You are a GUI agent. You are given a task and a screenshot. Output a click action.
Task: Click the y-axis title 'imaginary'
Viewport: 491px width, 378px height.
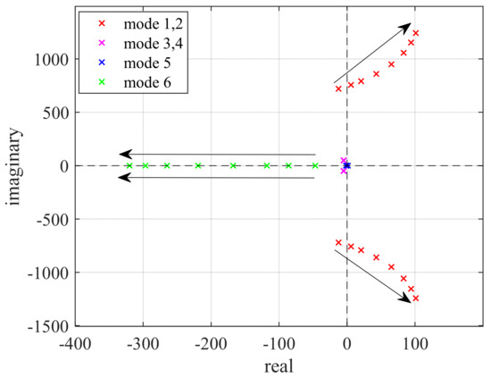pyautogui.click(x=15, y=165)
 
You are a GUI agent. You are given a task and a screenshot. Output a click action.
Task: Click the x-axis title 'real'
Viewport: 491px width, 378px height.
pyautogui.click(x=278, y=365)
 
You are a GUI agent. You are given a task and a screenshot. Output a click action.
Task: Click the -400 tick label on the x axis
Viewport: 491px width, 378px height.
pyautogui.click(x=74, y=342)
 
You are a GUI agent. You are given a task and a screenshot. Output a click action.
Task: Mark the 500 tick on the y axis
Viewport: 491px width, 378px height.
pyautogui.click(x=54, y=113)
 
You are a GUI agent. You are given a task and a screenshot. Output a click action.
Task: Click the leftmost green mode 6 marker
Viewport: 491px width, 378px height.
pyautogui.click(x=129, y=165)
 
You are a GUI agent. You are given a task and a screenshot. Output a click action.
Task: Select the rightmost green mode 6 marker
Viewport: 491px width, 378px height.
pyautogui.click(x=314, y=165)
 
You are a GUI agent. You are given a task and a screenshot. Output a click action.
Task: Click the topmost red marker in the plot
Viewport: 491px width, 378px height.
pyautogui.click(x=416, y=33)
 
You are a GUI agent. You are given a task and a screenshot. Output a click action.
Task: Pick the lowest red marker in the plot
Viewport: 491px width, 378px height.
pyautogui.click(x=416, y=298)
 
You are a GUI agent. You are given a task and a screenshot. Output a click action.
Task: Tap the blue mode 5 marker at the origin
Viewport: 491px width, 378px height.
pyautogui.click(x=347, y=165)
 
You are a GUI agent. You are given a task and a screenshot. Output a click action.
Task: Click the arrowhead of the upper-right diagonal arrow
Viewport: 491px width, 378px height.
pyautogui.click(x=408, y=26)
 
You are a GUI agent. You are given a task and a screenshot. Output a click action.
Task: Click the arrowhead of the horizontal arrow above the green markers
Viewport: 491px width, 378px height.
pyautogui.click(x=124, y=155)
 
